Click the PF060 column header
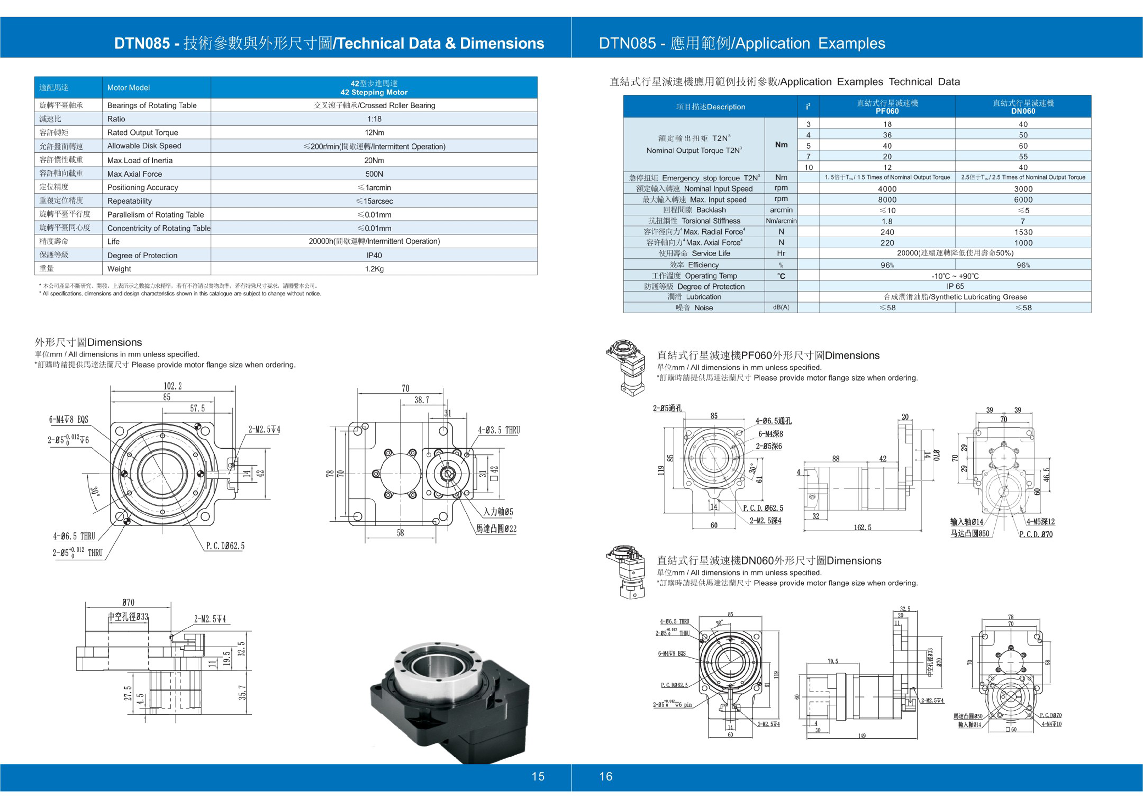887,107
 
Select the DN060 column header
1023,107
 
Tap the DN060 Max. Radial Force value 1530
1023,232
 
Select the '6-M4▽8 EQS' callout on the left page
69,420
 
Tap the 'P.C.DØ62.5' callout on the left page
225,546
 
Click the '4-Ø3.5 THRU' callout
499,430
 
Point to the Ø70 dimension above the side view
128,602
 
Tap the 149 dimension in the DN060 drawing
862,736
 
